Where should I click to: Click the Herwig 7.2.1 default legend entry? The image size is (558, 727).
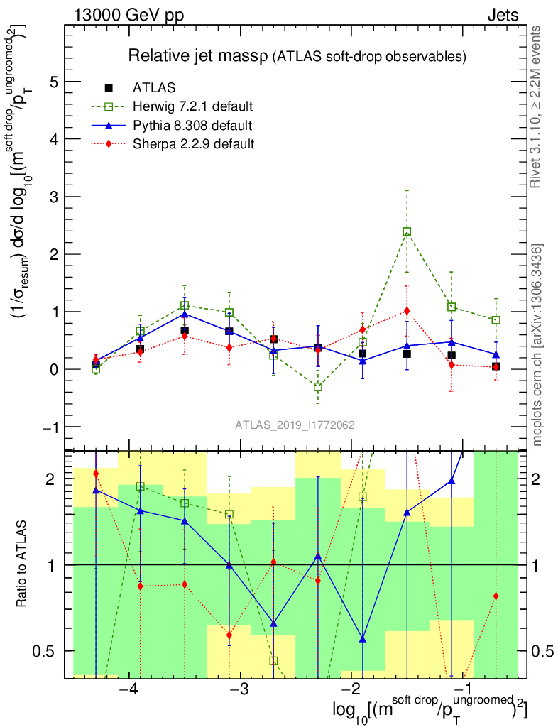point(192,107)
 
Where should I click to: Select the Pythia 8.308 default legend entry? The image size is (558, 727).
point(192,126)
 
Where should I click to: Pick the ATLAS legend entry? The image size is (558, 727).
point(154,89)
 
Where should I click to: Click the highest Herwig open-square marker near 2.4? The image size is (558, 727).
point(407,231)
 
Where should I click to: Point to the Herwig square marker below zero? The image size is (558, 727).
point(318,387)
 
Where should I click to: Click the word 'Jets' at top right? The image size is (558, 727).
point(503,15)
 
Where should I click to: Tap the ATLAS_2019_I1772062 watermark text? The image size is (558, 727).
point(295,425)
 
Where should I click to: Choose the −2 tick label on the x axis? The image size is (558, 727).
point(351,691)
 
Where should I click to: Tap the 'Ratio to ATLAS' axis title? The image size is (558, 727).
point(23,564)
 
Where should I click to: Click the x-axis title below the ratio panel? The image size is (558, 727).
point(429,710)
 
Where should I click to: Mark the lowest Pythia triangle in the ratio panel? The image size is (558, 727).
point(363,639)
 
